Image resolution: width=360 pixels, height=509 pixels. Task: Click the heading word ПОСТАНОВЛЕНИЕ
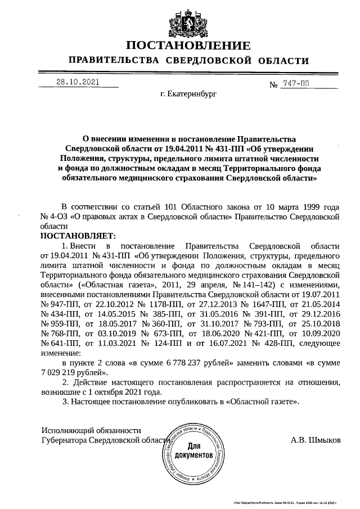pos(188,46)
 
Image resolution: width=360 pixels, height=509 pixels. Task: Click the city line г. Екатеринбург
pos(188,95)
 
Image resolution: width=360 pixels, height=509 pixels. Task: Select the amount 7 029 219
pos(62,372)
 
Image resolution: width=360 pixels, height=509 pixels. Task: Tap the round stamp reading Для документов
pos(193,451)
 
